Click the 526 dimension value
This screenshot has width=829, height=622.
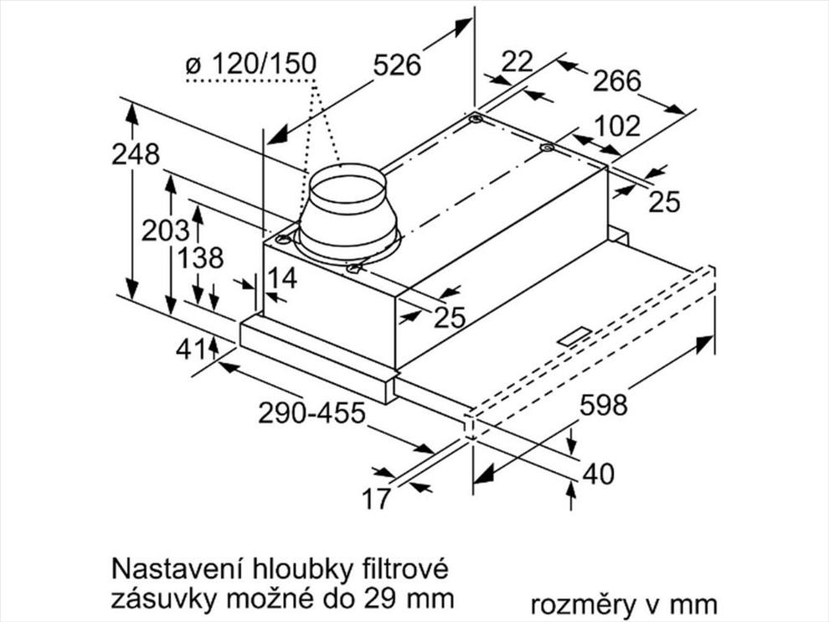[x=397, y=65]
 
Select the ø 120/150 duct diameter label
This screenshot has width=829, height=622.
[x=251, y=64]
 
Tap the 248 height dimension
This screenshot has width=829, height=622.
[x=136, y=154]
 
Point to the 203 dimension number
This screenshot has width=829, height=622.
[x=165, y=231]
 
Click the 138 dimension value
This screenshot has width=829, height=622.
[x=200, y=258]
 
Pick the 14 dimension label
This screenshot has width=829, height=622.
[x=282, y=277]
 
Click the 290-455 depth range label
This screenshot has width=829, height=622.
[x=312, y=412]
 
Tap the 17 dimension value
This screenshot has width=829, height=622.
[x=376, y=498]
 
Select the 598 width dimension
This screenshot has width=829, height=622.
[x=604, y=405]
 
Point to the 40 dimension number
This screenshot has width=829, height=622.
[x=598, y=474]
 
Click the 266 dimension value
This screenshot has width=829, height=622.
[x=616, y=81]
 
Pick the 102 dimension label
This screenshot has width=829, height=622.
[x=617, y=126]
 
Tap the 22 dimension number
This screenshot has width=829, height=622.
[x=517, y=62]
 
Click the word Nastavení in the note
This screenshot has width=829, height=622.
[x=178, y=569]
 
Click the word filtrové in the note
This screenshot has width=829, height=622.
[x=405, y=569]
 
